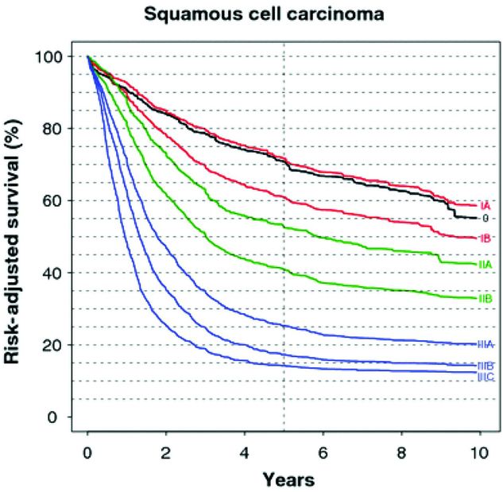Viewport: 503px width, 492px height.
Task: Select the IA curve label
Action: pos(486,205)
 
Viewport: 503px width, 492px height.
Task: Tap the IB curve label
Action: pos(486,238)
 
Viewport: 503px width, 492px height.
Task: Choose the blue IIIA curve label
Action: pos(487,344)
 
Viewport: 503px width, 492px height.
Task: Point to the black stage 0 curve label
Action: pos(484,218)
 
